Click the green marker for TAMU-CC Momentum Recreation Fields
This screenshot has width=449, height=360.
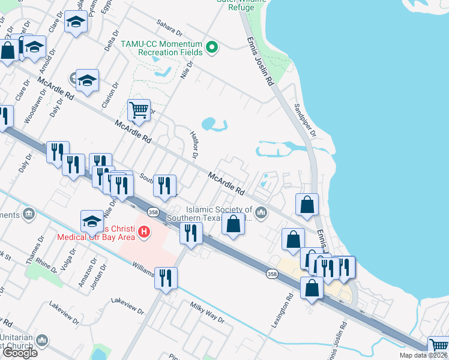(211, 47)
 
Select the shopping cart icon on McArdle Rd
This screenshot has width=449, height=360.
(139, 110)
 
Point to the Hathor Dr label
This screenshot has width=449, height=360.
(193, 145)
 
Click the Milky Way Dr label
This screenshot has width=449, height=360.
(207, 313)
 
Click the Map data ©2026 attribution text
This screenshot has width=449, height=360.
(423, 355)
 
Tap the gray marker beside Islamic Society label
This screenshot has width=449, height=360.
(261, 212)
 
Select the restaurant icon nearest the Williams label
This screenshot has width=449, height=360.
(165, 277)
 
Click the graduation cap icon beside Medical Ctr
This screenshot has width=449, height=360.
(92, 221)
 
